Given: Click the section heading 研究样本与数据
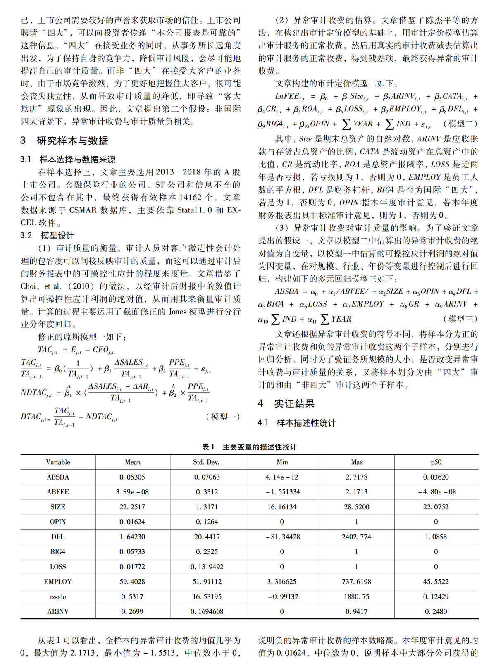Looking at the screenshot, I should (72, 141).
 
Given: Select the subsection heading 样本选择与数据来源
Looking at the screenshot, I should (77, 159).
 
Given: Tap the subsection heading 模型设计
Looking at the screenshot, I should (57, 235).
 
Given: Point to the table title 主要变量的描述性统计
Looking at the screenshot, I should (260, 447).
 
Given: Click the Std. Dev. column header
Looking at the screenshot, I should (207, 462).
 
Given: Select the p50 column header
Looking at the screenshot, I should (436, 462).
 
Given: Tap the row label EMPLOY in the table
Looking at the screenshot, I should (58, 582).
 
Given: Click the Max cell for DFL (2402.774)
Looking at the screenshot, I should (356, 537).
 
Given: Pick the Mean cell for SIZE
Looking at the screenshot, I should (132, 507).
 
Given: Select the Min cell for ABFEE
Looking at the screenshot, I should (282, 492).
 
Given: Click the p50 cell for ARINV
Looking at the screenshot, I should (436, 611).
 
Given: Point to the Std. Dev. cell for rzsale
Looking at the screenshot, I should (207, 596).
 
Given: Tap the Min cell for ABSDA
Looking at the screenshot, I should (282, 477).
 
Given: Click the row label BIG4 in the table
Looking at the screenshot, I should (58, 552).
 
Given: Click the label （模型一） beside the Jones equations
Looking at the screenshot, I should (223, 417).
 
